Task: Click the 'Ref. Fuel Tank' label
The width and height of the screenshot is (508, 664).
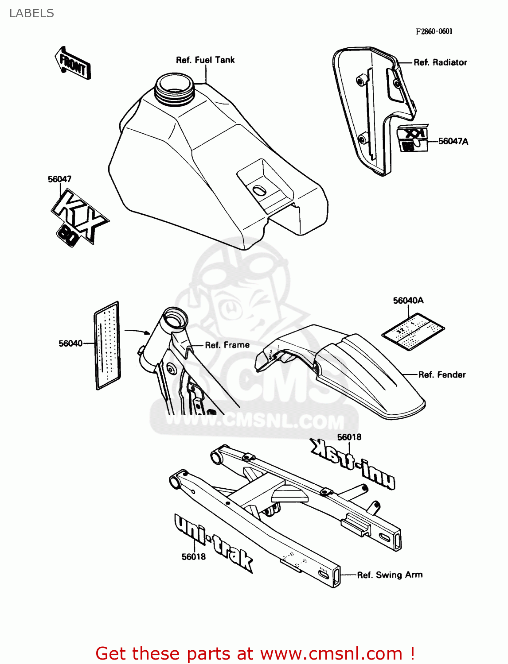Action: point(205,60)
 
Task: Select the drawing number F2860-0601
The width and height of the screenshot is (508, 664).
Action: point(434,31)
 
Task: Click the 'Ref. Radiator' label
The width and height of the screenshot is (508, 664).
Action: point(440,62)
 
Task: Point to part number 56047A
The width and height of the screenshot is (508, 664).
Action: point(453,141)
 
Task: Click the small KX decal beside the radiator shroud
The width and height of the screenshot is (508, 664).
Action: point(413,138)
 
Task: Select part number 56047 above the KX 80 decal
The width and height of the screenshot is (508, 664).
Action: point(59,179)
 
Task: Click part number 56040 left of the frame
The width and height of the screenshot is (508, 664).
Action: point(70,344)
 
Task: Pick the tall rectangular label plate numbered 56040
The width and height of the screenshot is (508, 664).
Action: point(108,345)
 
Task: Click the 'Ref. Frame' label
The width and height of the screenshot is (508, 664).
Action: point(227,345)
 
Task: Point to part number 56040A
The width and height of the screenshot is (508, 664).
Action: point(408,301)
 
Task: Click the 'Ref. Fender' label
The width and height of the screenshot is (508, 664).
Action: point(442,375)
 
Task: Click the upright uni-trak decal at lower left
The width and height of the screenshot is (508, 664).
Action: point(213,542)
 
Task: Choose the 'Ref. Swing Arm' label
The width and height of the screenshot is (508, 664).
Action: point(390,575)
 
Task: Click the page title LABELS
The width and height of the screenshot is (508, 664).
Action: point(31,13)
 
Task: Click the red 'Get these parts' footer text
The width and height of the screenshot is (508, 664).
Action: point(255,653)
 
